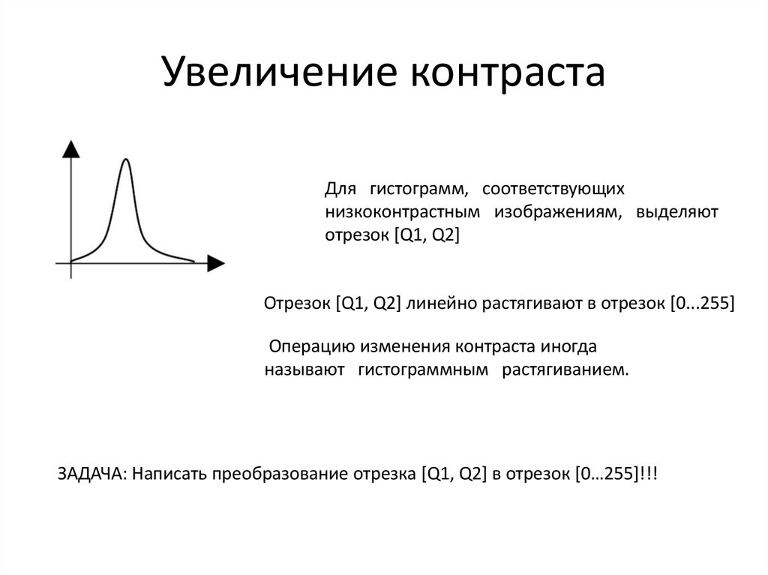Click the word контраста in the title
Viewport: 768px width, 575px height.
(508, 74)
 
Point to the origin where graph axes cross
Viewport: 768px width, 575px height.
(70, 262)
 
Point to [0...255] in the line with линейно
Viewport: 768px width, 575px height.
(701, 304)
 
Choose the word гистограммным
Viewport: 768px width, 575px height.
(424, 370)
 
